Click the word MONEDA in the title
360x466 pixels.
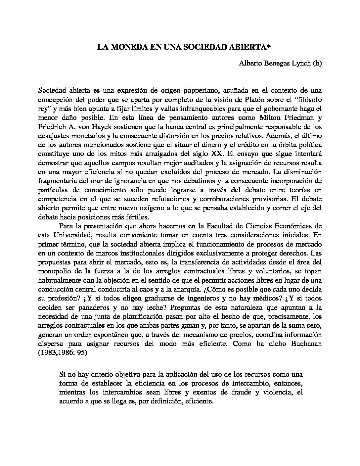127,47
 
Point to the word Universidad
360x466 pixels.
70,235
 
